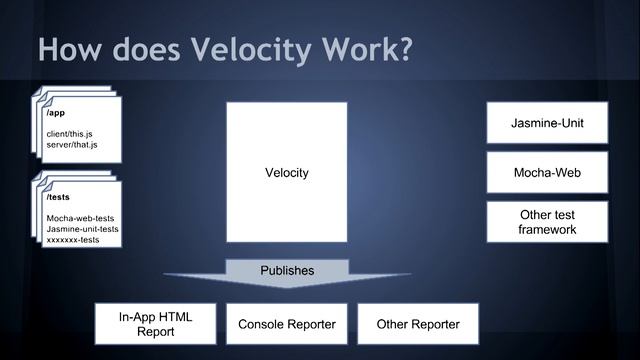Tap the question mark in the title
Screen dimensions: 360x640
click(x=403, y=50)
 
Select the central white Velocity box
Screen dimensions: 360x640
click(x=286, y=173)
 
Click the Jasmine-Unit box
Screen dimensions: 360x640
click(x=548, y=123)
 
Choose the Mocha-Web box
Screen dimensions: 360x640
click(x=548, y=173)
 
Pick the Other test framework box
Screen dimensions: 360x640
click(x=548, y=222)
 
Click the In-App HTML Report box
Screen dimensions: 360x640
click(x=155, y=324)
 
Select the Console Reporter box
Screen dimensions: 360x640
click(x=286, y=324)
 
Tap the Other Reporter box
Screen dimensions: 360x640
click(x=417, y=324)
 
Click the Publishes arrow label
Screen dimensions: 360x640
click(x=287, y=271)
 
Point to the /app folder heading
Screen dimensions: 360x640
click(x=57, y=113)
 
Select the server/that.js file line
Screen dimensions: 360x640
click(x=72, y=145)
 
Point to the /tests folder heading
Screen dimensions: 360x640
click(x=60, y=197)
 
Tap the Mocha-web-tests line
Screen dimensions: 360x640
click(x=80, y=217)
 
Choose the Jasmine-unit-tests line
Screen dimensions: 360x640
click(x=82, y=229)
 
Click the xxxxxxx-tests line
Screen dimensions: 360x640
click(x=73, y=240)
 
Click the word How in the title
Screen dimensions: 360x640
click(x=68, y=50)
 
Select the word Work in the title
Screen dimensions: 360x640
click(x=356, y=50)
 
